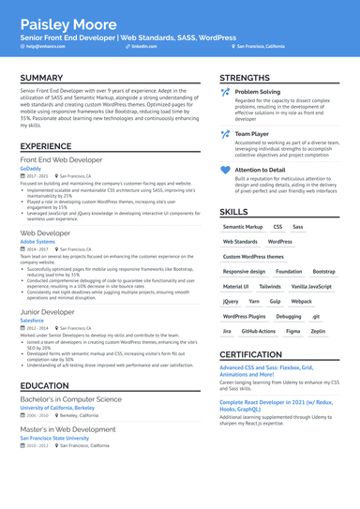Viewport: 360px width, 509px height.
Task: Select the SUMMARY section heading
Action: pos(41,78)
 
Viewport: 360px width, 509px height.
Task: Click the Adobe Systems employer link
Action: pos(37,241)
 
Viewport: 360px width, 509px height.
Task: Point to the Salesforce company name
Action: pos(33,320)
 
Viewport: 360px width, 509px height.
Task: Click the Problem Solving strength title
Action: pos(257,92)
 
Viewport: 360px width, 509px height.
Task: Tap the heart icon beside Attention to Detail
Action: pos(225,170)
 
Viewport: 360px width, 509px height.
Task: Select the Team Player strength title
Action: pos(251,134)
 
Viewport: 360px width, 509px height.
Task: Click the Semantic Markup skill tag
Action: pos(243,227)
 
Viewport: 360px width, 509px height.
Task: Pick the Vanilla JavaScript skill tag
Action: pos(311,286)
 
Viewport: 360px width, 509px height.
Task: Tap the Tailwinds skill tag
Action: pos(270,286)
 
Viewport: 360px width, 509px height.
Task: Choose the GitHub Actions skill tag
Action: pos(259,331)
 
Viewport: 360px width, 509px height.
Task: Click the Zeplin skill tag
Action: pos(318,331)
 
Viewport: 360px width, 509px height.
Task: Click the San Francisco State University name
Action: pos(57,438)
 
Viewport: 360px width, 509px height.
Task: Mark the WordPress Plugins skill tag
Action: pos(245,316)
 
